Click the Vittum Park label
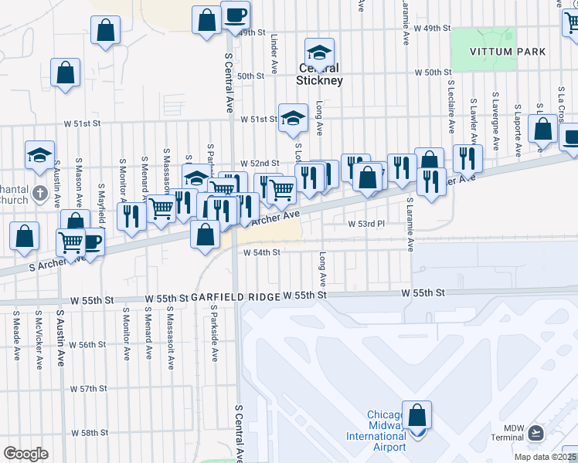click(x=508, y=52)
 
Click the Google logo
click(x=26, y=453)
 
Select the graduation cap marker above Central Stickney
click(x=319, y=53)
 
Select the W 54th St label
click(x=260, y=252)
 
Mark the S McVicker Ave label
click(x=38, y=340)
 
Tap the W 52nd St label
click(x=258, y=164)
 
